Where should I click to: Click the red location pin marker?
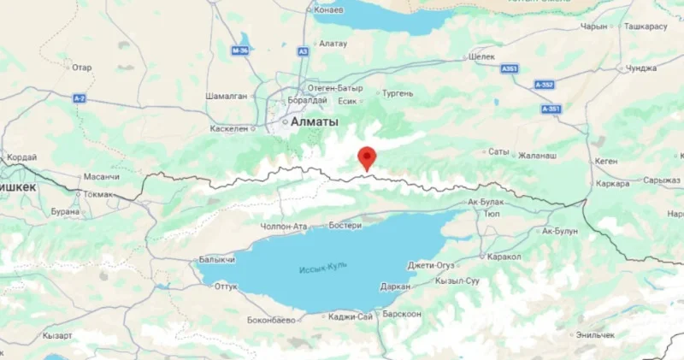(367, 157)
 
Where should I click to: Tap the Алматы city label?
(315, 122)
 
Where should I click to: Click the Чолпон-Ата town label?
(282, 227)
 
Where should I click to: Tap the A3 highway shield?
(303, 51)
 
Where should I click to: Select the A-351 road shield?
(551, 109)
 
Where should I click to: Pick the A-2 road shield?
(80, 99)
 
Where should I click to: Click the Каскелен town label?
(227, 128)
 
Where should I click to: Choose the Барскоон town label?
(402, 314)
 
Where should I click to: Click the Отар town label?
(81, 67)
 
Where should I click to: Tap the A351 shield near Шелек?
(510, 68)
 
